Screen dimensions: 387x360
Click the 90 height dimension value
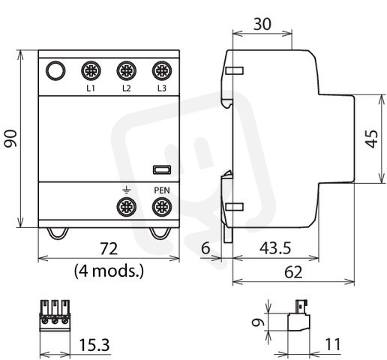click(x=11, y=138)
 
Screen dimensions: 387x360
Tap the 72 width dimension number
click(x=109, y=249)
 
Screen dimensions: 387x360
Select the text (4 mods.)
click(x=109, y=271)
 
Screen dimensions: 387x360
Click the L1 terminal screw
click(x=91, y=70)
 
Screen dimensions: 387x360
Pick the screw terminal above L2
click(x=127, y=70)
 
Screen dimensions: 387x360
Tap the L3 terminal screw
click(x=162, y=70)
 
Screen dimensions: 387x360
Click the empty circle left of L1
click(x=55, y=70)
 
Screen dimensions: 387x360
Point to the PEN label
click(x=162, y=190)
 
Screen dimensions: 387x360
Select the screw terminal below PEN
click(x=162, y=207)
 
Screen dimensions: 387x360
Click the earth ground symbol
click(x=127, y=190)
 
